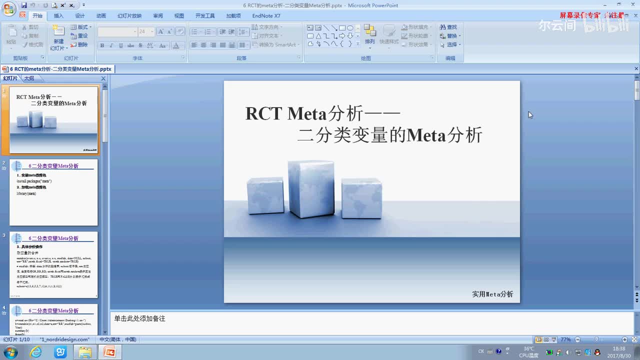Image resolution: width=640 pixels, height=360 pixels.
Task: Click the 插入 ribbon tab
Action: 58,16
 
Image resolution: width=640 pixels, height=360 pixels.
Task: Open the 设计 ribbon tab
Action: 80,16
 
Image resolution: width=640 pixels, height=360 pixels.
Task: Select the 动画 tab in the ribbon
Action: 101,16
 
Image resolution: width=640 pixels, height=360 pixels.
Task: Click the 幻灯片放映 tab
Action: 129,16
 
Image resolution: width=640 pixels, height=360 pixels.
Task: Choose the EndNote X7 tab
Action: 266,16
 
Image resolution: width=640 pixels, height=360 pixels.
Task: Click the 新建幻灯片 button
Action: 58,38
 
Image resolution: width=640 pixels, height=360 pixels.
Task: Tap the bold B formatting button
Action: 102,45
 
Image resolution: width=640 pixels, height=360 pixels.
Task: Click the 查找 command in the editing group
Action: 449,27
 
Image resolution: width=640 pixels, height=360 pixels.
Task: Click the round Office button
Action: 9,9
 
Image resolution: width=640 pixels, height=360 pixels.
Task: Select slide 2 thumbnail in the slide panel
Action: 53,192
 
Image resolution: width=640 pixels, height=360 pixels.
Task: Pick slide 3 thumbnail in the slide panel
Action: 53,265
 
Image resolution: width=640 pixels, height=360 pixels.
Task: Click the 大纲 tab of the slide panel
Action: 29,78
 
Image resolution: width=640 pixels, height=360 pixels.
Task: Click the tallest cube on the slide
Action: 310,188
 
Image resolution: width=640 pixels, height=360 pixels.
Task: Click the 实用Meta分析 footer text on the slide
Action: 492,294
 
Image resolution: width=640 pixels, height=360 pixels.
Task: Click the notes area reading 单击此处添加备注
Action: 139,318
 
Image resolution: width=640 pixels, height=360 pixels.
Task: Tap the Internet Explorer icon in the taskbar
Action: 36,352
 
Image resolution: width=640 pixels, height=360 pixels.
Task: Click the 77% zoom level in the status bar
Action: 565,339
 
